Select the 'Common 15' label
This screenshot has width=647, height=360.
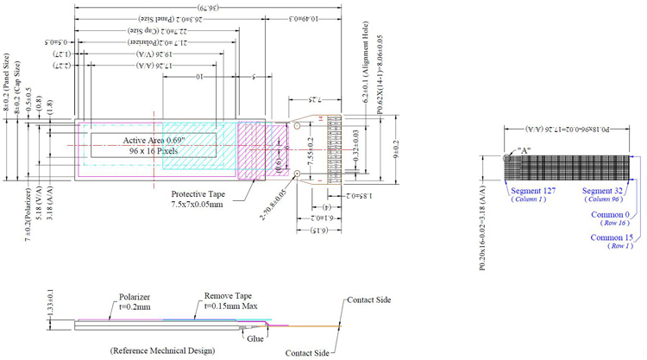[x=609, y=237]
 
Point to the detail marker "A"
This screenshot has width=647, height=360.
[x=522, y=149]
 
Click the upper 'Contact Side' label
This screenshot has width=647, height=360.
[x=368, y=300]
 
